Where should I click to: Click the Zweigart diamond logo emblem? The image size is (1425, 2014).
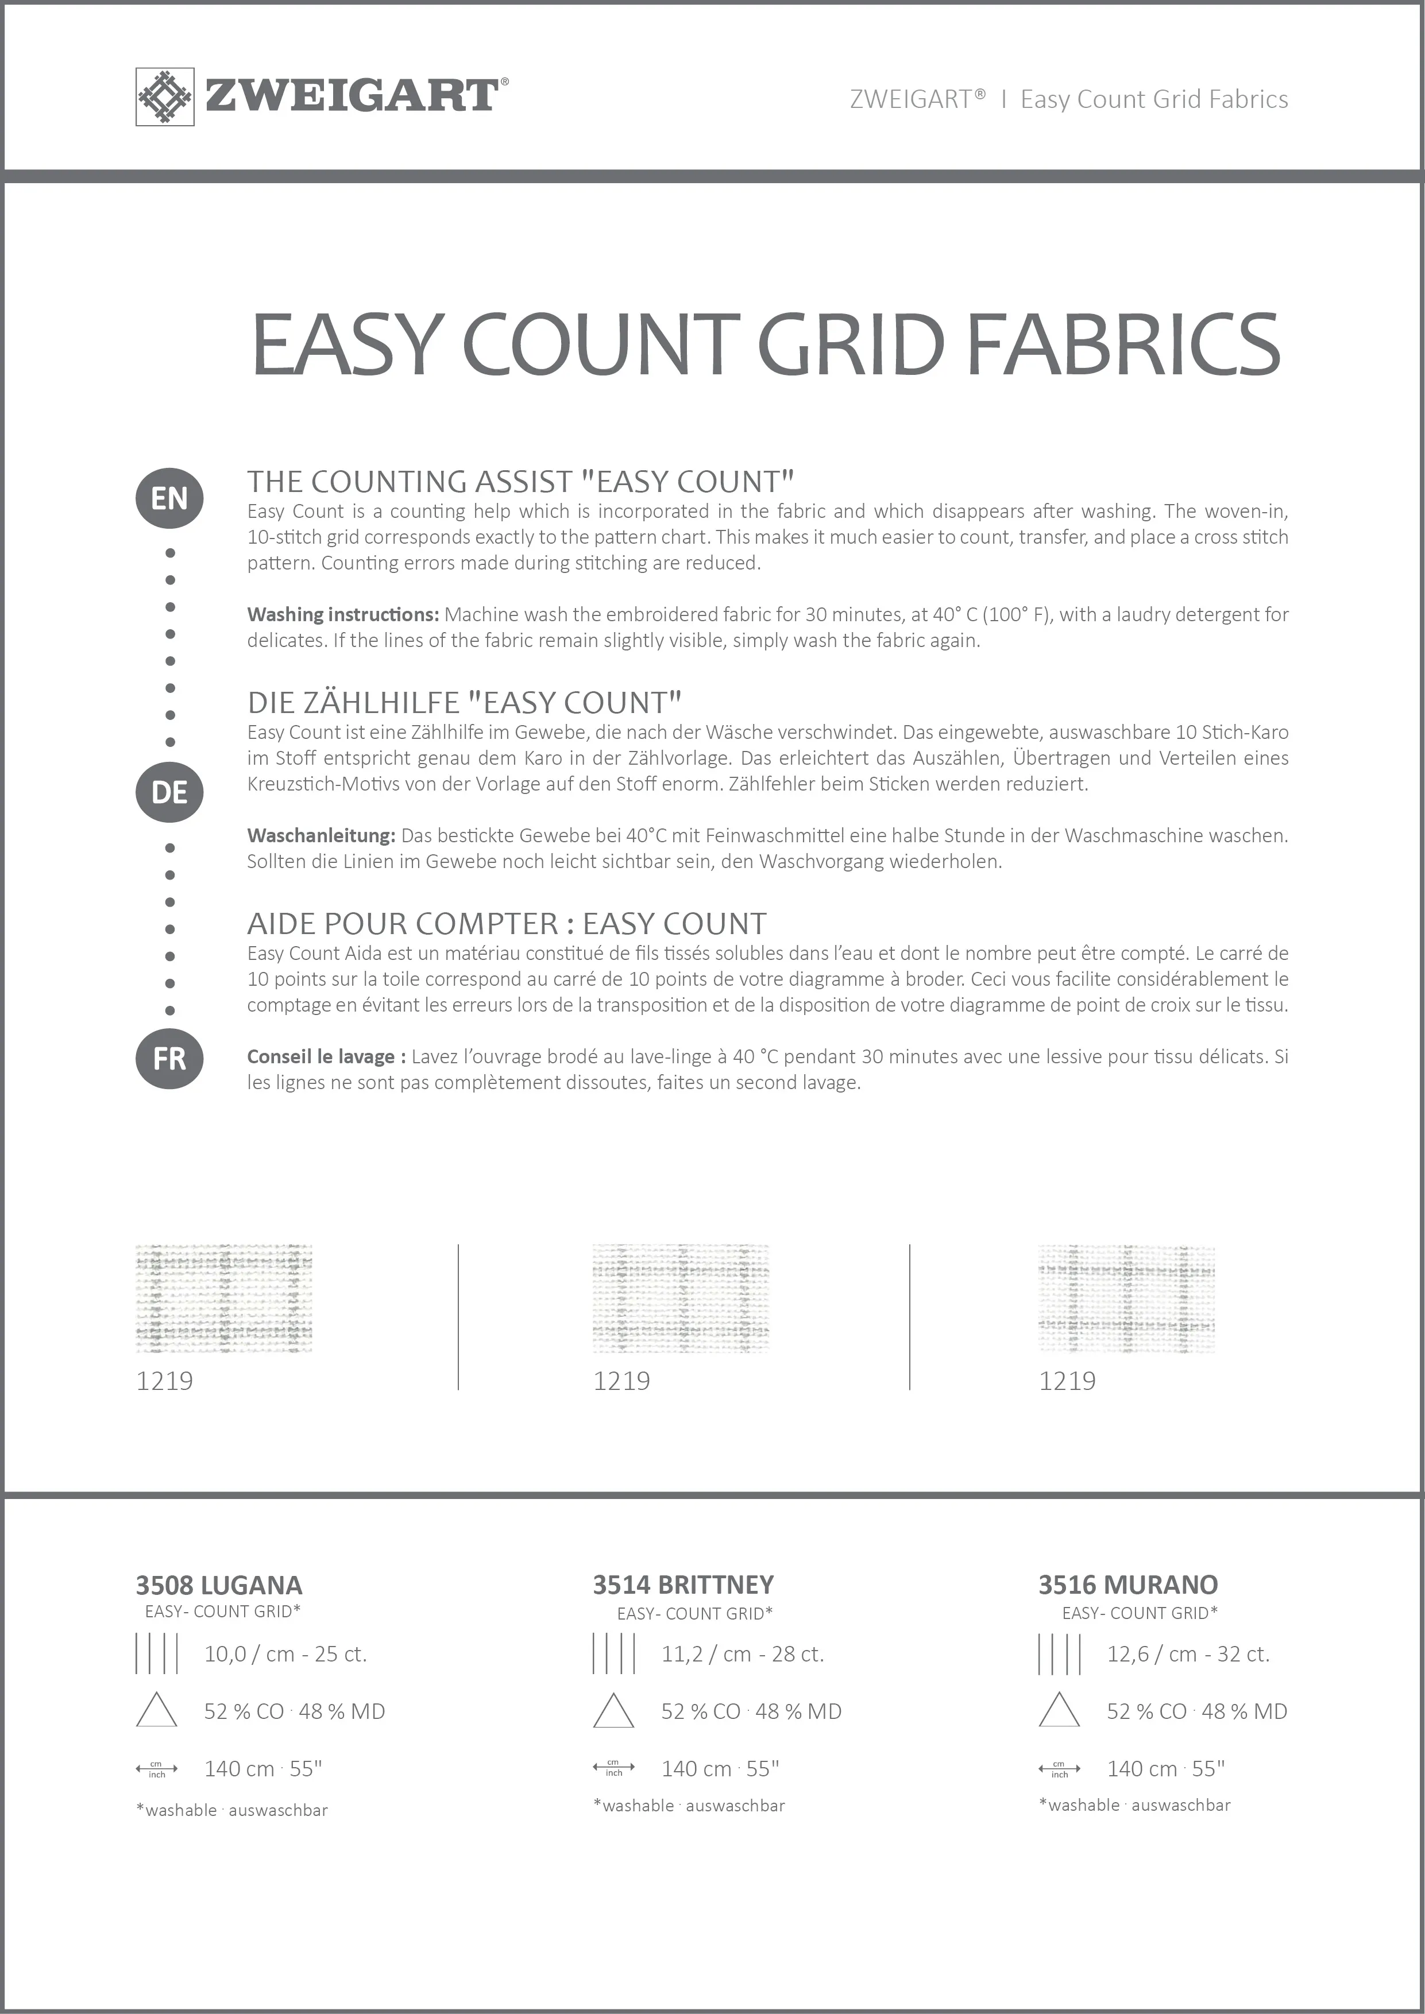[164, 96]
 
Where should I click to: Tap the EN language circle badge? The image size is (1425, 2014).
[169, 498]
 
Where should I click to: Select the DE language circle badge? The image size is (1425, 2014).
[169, 792]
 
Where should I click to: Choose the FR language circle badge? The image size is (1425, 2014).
[169, 1059]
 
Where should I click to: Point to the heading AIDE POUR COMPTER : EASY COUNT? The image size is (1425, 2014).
[506, 924]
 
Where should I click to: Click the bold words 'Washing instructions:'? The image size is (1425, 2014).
[342, 615]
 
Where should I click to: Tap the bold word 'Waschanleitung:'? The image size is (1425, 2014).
[321, 836]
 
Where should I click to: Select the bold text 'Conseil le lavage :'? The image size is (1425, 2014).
[326, 1057]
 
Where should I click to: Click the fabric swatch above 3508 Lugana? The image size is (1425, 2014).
[224, 1298]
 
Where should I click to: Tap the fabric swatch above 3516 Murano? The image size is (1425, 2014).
[1127, 1298]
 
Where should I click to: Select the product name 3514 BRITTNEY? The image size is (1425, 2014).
[683, 1585]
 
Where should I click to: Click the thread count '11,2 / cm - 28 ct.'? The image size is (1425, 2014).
[742, 1655]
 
